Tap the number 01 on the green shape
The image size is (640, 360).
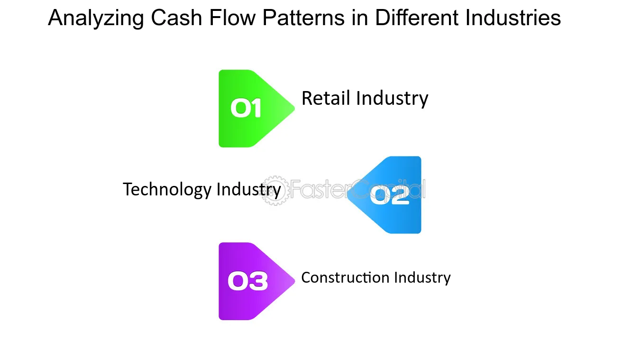(246, 109)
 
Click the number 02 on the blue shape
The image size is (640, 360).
(389, 195)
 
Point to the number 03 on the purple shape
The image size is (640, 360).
(247, 281)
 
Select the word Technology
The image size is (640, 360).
(167, 189)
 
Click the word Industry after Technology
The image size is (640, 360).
(248, 189)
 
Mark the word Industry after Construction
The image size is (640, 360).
(423, 277)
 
